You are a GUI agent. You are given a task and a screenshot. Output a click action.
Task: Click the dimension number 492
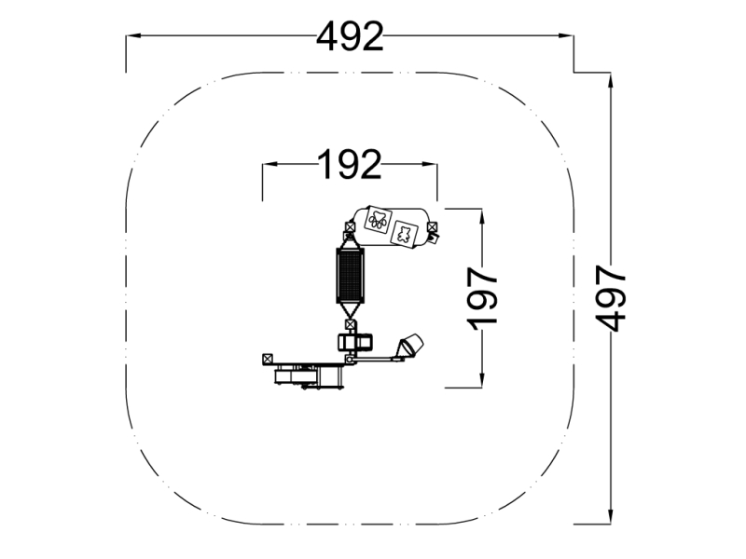(350, 37)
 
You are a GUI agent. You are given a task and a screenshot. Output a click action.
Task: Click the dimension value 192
(350, 165)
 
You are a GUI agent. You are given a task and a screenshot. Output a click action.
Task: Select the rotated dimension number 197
(482, 298)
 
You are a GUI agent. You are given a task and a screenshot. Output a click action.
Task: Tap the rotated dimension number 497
(611, 298)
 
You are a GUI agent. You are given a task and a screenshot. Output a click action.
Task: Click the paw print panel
(379, 220)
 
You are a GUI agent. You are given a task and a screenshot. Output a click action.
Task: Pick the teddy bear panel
(405, 234)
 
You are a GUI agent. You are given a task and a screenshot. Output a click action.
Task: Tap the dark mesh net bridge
(350, 276)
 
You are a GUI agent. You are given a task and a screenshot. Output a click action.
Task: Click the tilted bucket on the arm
(411, 344)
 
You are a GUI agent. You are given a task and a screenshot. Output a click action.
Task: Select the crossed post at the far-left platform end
(268, 359)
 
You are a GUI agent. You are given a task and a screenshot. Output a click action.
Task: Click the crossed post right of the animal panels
(433, 226)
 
